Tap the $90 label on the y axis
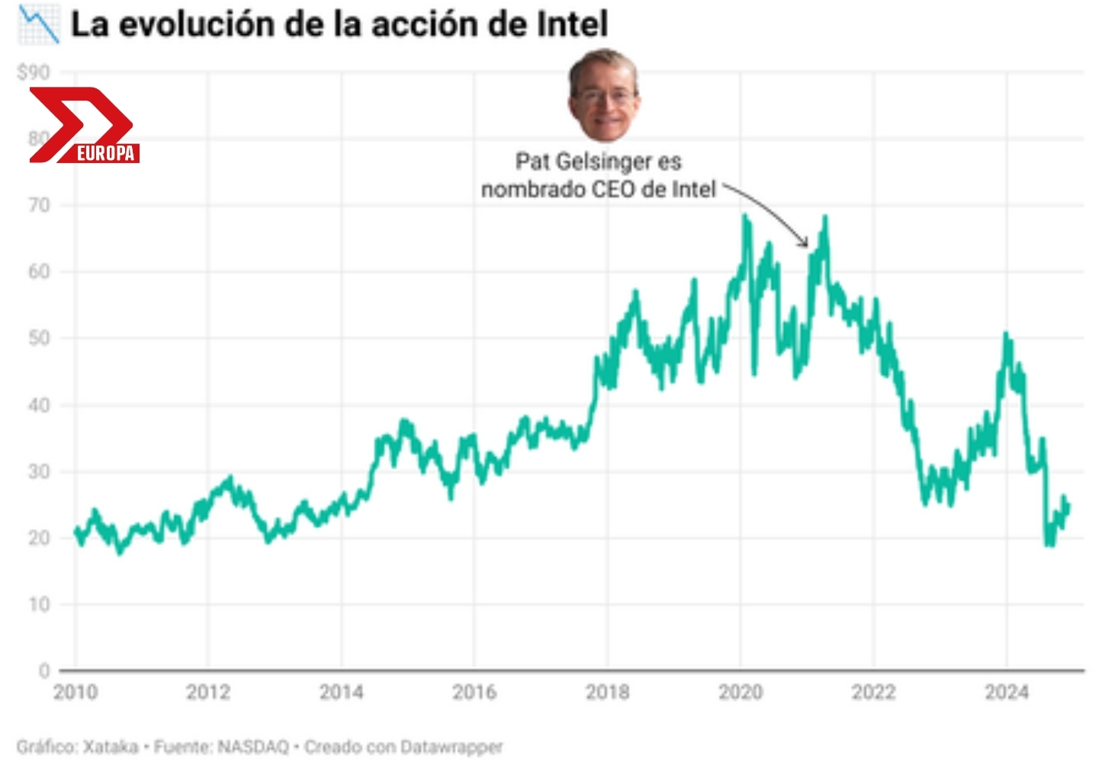pos(34,72)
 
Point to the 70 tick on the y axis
pos(39,205)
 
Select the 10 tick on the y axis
pos(39,604)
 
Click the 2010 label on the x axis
pos(76,692)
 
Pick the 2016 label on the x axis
pos(474,692)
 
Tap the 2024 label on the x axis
pos(1006,692)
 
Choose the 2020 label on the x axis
pos(740,692)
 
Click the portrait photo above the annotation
pos(603,96)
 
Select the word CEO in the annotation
pos(613,189)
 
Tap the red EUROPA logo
pos(84,126)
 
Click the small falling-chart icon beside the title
pos(38,24)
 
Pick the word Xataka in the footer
pos(111,747)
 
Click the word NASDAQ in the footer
pos(253,747)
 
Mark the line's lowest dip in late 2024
pos(1050,544)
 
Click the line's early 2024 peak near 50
pos(1006,335)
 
